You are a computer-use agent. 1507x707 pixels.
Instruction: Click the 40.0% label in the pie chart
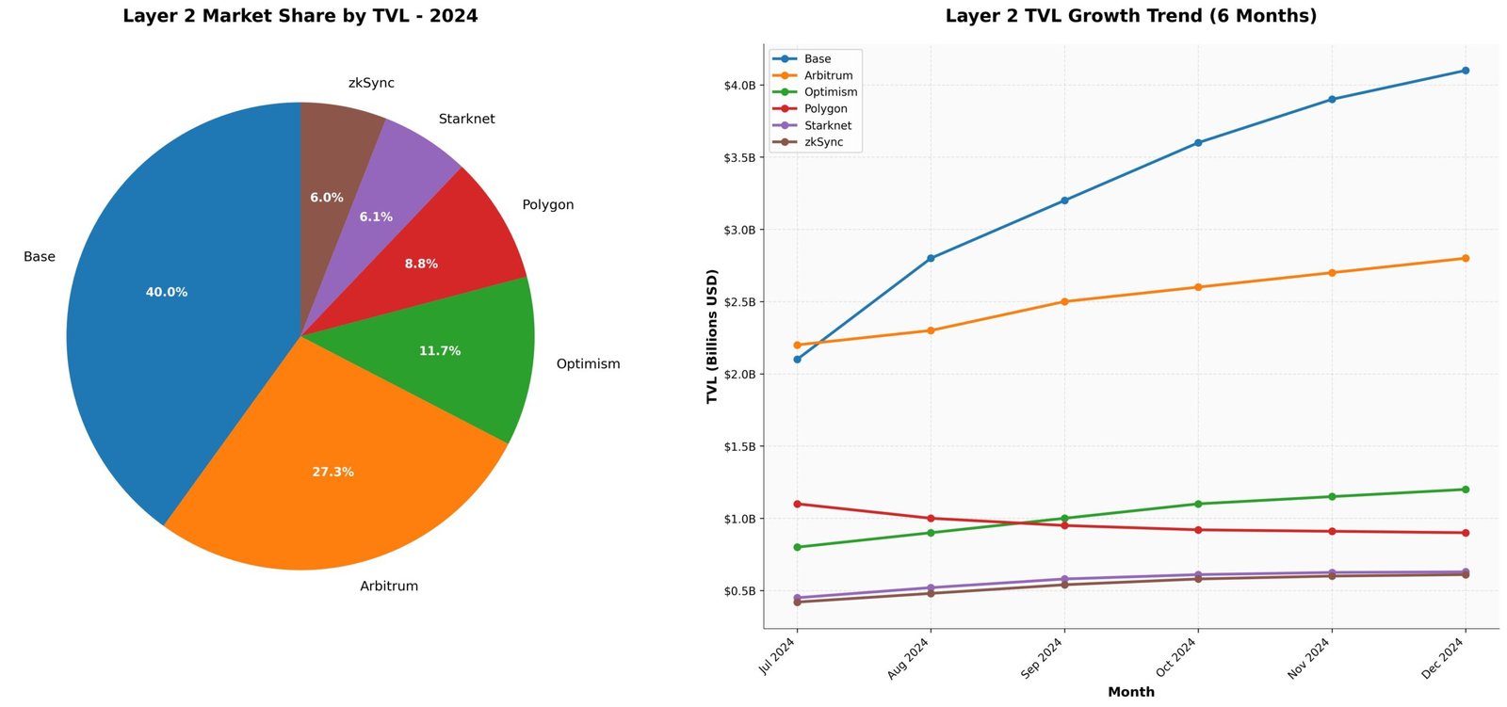point(167,293)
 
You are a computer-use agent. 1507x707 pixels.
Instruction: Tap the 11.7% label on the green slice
point(440,351)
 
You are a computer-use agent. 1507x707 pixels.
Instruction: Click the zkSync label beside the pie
point(371,83)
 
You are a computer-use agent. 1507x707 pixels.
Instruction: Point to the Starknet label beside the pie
point(466,119)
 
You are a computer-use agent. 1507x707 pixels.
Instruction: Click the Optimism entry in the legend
point(830,92)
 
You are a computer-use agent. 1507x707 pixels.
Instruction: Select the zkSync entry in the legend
point(823,142)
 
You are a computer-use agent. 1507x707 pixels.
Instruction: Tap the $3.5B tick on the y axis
point(739,158)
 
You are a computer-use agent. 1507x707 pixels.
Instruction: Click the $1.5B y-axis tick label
point(739,446)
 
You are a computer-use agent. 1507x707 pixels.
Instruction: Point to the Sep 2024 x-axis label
point(1043,658)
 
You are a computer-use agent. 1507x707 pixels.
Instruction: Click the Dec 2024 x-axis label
point(1443,658)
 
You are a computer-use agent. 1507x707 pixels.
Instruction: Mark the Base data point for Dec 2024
point(1466,71)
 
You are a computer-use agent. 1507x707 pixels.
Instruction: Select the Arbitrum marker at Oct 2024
point(1198,287)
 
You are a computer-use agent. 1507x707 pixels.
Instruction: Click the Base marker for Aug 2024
point(931,258)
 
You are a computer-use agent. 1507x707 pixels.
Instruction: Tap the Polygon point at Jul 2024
point(798,504)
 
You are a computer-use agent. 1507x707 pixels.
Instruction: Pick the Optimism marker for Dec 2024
point(1466,490)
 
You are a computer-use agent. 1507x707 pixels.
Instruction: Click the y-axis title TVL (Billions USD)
point(712,336)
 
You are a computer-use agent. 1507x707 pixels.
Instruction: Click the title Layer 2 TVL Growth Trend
point(1130,16)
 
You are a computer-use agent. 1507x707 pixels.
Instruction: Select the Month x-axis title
point(1130,692)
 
